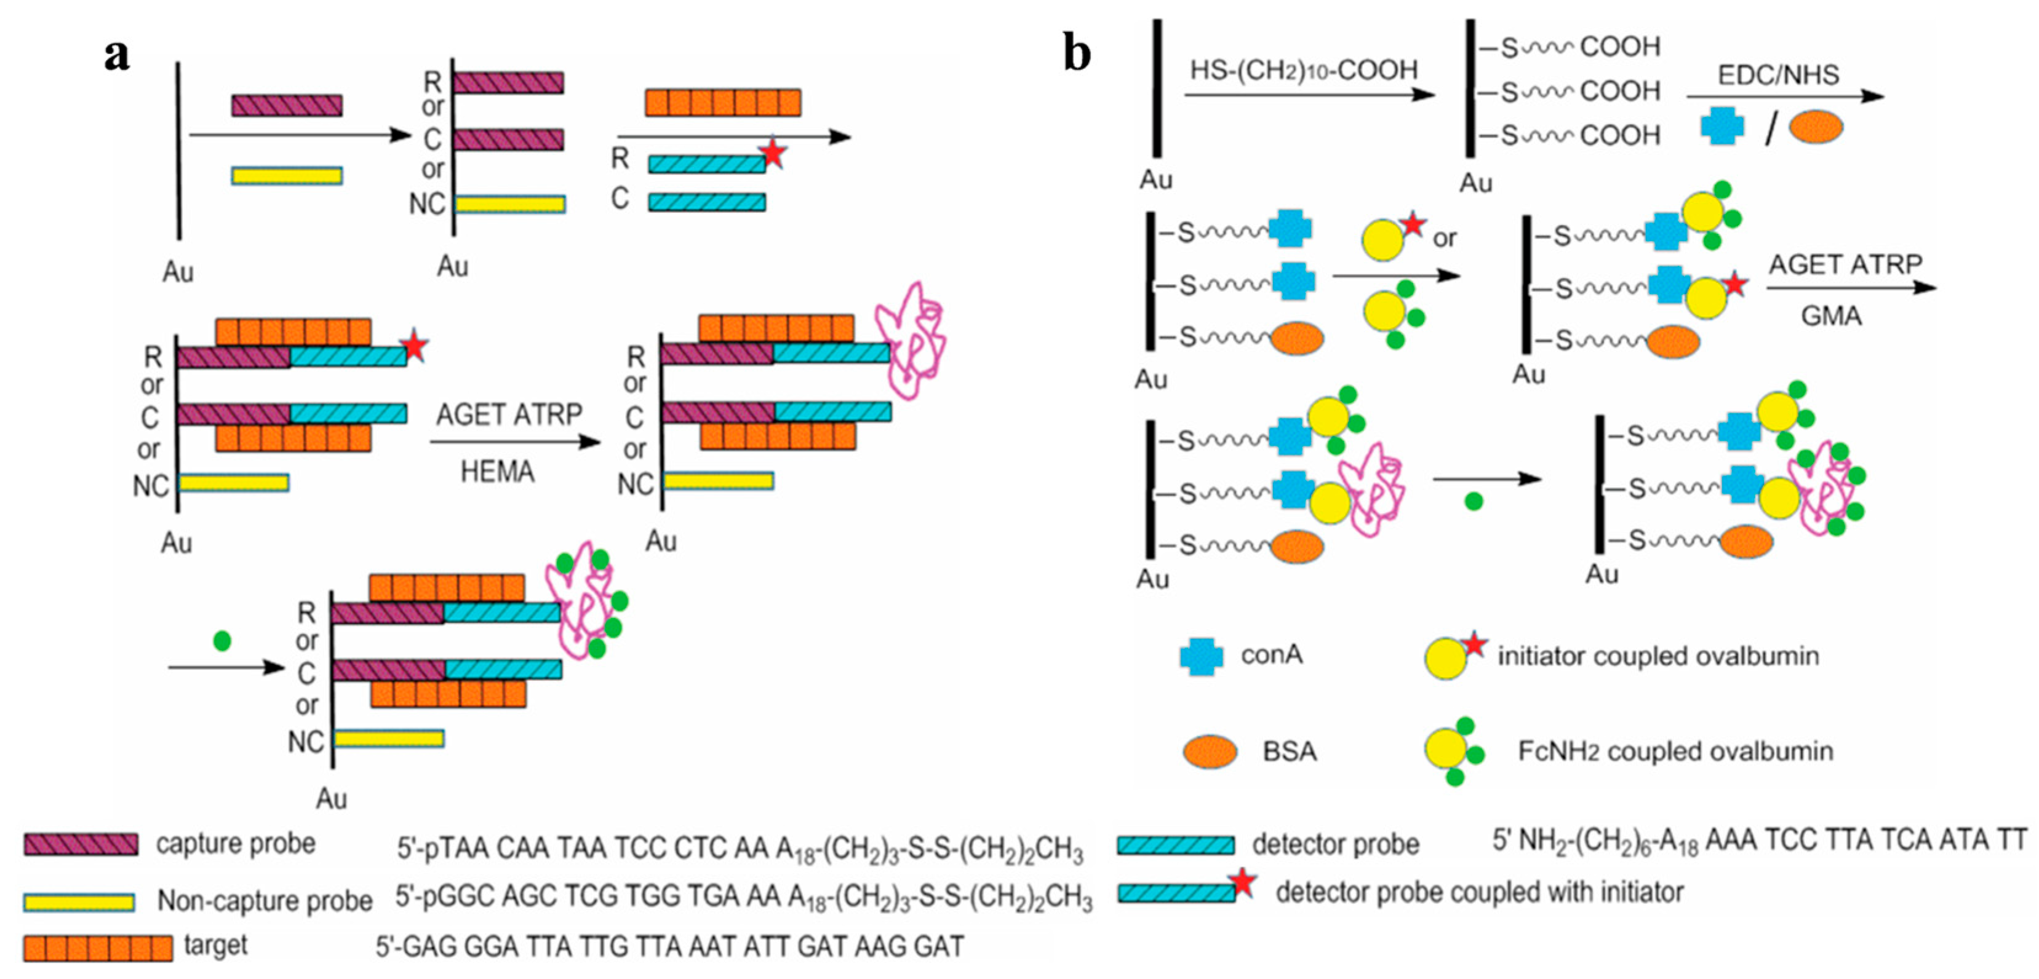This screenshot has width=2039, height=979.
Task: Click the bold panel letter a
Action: [117, 55]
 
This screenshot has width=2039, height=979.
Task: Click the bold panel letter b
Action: [1077, 54]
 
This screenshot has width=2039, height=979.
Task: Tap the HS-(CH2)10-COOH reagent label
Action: [1304, 71]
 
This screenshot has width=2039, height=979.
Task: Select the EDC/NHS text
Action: [1778, 75]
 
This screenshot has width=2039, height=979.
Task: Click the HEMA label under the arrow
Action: [497, 472]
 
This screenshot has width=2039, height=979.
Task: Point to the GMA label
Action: [1831, 317]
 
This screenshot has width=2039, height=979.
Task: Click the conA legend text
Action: [1271, 656]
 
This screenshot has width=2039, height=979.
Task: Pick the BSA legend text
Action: [1290, 750]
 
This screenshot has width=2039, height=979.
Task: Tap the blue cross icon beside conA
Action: [1201, 656]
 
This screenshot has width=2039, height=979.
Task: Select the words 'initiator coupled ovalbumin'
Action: [1658, 656]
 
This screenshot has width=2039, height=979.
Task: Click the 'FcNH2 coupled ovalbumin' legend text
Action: [1675, 750]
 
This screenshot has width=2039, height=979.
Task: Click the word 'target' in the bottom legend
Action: [215, 945]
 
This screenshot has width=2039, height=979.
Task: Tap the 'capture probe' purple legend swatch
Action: [81, 844]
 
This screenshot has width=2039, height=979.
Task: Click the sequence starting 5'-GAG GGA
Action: [669, 946]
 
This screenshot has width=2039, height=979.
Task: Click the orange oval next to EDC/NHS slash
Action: [1815, 127]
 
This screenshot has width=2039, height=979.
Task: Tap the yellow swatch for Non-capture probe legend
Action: [79, 902]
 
